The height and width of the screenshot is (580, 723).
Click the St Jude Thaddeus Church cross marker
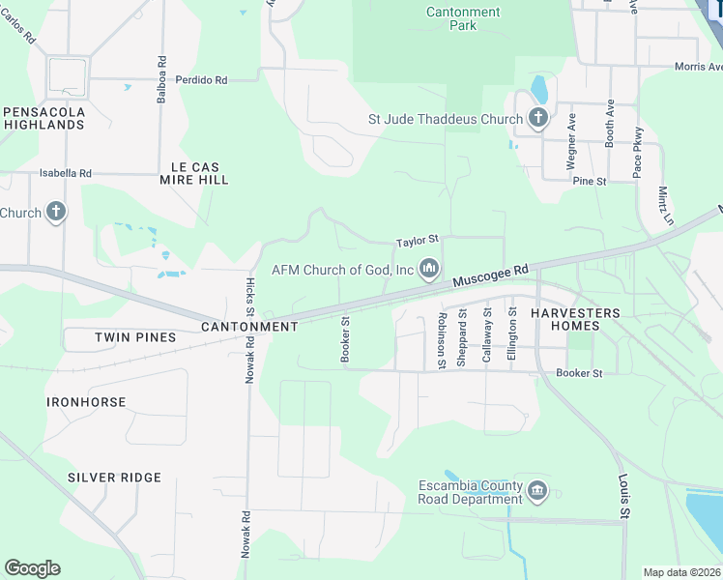(x=538, y=120)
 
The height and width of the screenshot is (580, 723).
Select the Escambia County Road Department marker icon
(x=537, y=492)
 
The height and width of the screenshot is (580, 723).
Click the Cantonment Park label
(x=463, y=18)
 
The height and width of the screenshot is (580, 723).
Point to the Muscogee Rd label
(x=492, y=276)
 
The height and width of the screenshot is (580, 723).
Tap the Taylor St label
(x=418, y=239)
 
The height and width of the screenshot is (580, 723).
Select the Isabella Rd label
(x=65, y=173)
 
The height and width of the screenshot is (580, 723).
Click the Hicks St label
(x=249, y=297)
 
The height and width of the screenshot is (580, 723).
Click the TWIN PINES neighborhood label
(x=135, y=337)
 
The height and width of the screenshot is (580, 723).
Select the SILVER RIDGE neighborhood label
(x=114, y=478)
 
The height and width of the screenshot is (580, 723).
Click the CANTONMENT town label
(x=249, y=327)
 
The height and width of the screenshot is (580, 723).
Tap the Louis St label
(x=623, y=494)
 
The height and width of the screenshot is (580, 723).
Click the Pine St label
(x=589, y=181)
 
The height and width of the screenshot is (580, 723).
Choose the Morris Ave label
(x=698, y=67)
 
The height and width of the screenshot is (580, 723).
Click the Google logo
(x=32, y=568)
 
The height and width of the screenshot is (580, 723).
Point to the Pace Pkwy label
(x=638, y=153)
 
